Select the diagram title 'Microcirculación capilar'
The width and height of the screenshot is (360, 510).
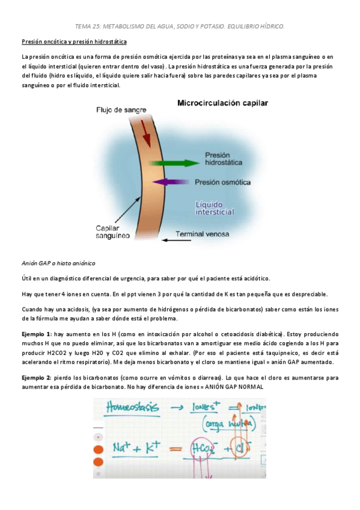point(222,103)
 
